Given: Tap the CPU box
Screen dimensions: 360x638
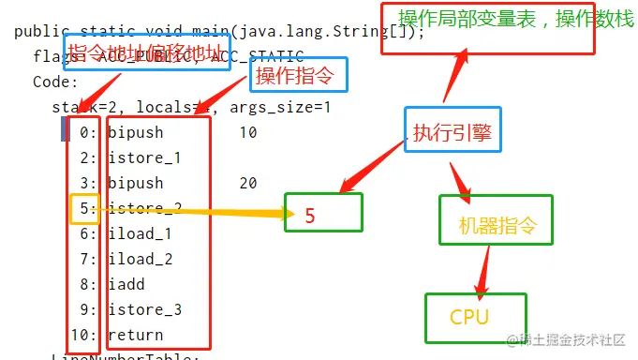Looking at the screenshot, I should click(475, 317).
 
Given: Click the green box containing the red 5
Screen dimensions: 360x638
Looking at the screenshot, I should click(322, 213).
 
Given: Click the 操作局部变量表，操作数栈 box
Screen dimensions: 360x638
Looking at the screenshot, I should click(487, 27).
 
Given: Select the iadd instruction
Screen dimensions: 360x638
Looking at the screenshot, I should click(126, 284).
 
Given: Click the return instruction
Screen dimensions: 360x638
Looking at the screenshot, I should click(135, 335).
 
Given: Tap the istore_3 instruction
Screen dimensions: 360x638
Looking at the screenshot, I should click(144, 309).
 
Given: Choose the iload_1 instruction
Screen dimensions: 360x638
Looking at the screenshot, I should click(140, 233).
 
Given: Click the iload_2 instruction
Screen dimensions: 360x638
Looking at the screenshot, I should click(140, 259).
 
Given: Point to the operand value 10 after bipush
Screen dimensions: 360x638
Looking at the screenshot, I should click(247, 132).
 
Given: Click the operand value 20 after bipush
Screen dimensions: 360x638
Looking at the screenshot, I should click(247, 183).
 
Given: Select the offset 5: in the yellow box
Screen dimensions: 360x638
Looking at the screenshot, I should click(83, 208).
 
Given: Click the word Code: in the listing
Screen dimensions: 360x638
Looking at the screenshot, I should click(56, 82).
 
